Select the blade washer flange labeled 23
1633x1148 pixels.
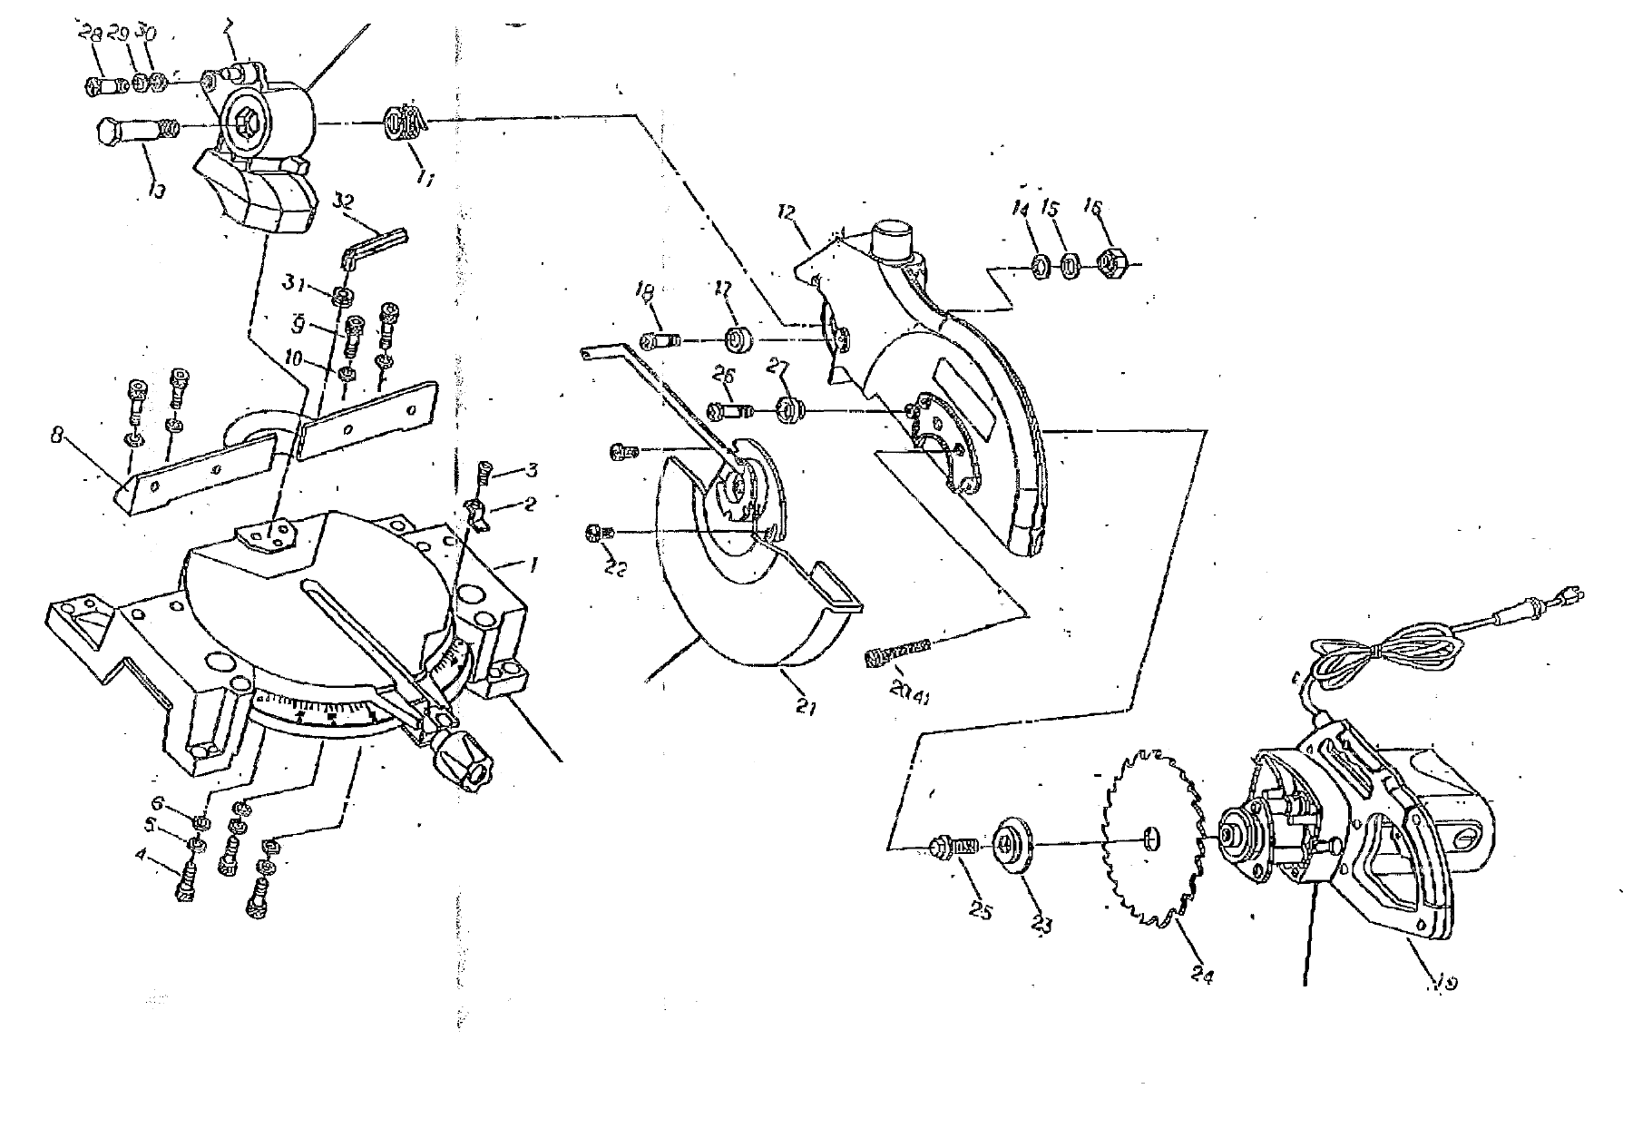pyautogui.click(x=1014, y=844)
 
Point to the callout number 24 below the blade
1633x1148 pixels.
pyautogui.click(x=1203, y=976)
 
